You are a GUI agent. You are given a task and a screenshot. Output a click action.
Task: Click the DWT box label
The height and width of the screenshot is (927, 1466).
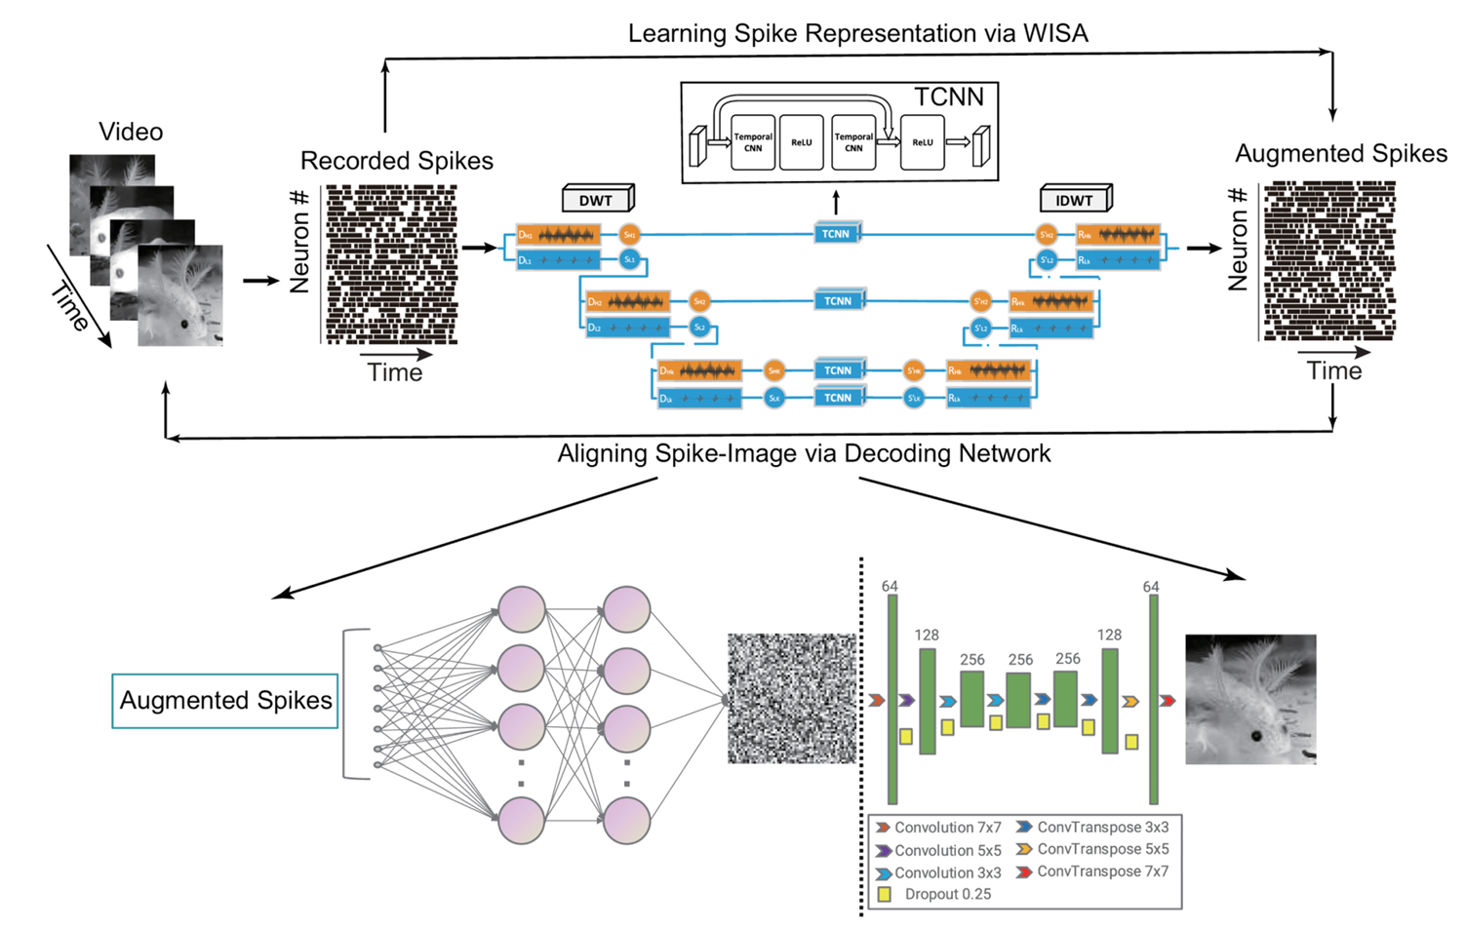click(596, 201)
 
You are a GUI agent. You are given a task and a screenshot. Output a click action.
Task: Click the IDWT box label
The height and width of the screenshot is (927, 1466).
click(1074, 201)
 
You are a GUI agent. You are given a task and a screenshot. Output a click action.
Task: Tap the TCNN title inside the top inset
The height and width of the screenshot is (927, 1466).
click(948, 97)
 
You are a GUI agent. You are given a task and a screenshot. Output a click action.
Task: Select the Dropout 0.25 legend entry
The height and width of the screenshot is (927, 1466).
click(946, 894)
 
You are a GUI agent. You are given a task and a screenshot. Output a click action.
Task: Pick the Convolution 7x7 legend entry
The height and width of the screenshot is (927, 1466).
click(947, 828)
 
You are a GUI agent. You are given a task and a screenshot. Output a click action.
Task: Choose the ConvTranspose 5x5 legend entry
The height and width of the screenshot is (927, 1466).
click(1102, 849)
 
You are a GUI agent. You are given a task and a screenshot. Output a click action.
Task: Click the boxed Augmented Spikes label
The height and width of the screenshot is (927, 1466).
click(225, 701)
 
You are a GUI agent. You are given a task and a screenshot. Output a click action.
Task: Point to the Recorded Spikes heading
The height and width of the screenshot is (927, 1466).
click(396, 161)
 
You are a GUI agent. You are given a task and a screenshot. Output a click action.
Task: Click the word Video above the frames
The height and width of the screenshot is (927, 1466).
click(131, 132)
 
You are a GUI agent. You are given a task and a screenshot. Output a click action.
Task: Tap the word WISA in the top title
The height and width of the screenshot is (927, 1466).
click(1055, 34)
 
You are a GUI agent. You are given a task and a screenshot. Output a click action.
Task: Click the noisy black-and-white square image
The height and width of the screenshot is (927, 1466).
click(791, 698)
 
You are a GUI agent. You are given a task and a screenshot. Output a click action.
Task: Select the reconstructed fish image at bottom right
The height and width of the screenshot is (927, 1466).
click(1250, 699)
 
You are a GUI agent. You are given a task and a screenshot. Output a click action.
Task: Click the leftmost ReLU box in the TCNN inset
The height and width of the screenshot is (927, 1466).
click(801, 142)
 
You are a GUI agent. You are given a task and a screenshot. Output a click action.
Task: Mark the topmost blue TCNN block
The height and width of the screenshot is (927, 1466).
click(836, 234)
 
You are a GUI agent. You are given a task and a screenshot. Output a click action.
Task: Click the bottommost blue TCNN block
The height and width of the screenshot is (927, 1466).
click(837, 398)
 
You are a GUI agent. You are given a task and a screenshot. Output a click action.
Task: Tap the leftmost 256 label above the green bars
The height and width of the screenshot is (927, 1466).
click(971, 660)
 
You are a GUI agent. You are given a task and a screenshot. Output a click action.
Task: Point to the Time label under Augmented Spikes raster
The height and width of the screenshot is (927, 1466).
click(1333, 371)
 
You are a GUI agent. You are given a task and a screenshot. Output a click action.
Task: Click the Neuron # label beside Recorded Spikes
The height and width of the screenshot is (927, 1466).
click(298, 241)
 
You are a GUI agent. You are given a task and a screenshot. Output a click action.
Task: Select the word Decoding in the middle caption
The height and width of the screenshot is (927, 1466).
click(891, 453)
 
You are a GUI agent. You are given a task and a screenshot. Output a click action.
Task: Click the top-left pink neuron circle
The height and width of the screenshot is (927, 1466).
click(522, 610)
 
